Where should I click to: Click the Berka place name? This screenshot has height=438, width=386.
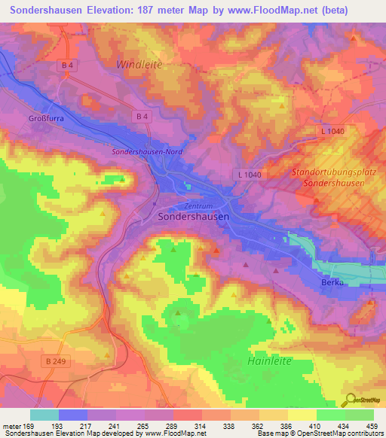(332, 282)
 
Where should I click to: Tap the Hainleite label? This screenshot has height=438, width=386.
(274, 361)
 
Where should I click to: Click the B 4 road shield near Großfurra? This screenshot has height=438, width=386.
(68, 65)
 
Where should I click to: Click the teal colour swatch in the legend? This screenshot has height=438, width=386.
(44, 415)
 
